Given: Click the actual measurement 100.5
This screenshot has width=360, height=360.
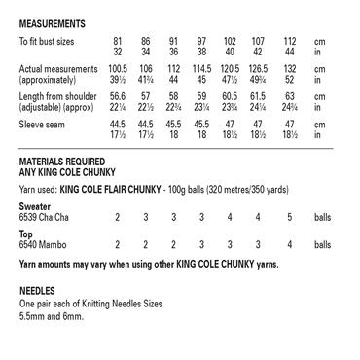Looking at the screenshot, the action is [119, 70].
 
